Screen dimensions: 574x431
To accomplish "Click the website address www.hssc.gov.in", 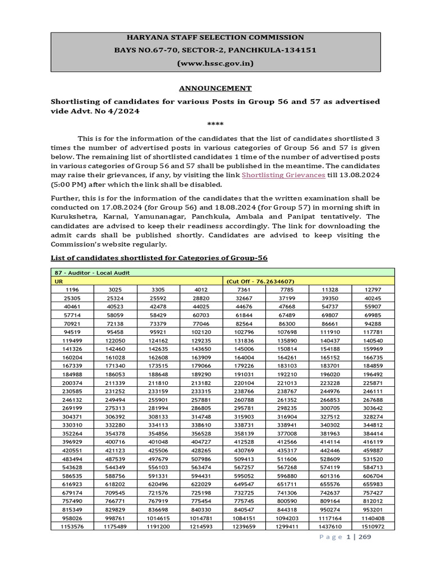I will click(215, 63).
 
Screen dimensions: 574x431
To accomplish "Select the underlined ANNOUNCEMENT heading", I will click(215, 88).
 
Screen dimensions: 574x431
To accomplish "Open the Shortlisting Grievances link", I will click(283, 175).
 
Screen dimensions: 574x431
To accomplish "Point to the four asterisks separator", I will click(215, 123).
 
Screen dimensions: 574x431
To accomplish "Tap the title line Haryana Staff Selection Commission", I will click(215, 38).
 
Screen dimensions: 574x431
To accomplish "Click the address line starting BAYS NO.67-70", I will click(215, 50).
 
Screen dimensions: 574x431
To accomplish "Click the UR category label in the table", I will click(58, 281).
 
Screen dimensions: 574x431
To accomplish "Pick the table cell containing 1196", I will click(72, 289).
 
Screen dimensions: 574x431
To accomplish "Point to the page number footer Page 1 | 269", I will click(346, 537).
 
